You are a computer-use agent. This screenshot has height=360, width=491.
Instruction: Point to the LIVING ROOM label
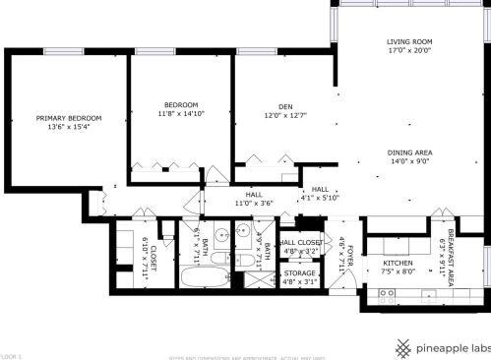(409, 41)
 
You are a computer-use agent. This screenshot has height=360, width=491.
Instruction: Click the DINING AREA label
(409, 152)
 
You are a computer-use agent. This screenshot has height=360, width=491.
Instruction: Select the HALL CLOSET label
(301, 242)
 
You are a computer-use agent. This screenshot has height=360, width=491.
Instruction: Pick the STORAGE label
(300, 273)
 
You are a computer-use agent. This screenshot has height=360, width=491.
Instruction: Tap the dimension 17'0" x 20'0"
(409, 51)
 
